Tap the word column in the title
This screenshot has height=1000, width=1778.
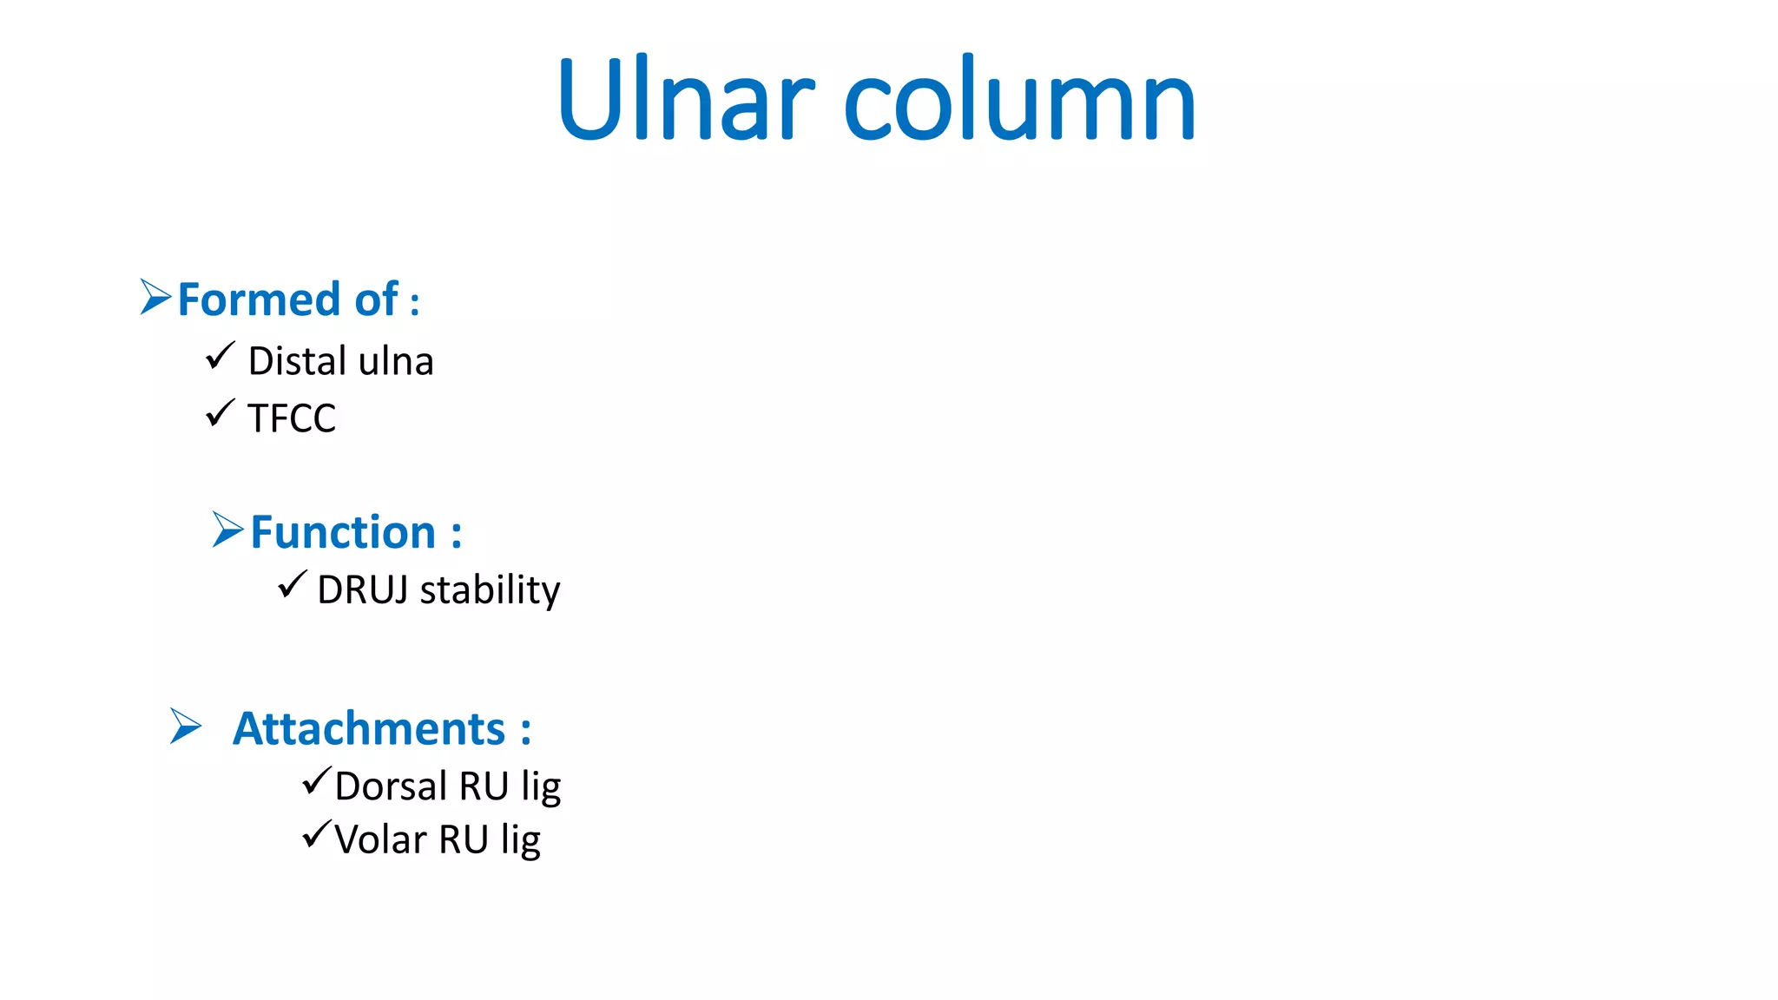pos(1020,100)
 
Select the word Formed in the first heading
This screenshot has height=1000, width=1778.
pos(259,299)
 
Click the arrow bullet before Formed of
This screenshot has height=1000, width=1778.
pos(155,297)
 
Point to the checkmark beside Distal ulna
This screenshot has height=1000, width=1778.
pos(221,355)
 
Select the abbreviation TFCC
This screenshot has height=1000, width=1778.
pos(292,418)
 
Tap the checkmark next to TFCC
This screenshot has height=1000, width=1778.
pos(221,412)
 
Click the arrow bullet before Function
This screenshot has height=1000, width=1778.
pos(228,529)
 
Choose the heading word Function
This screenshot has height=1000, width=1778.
pos(343,532)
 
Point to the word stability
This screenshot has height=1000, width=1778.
pos(490,591)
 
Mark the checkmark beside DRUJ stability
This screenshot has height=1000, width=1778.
pos(293,584)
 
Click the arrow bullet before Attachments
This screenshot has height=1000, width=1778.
pos(186,726)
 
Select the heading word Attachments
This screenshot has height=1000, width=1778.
pos(369,728)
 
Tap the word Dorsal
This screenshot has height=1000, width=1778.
pos(391,786)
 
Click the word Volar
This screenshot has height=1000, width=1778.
pos(380,840)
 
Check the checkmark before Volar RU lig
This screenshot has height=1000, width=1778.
pos(317,834)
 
